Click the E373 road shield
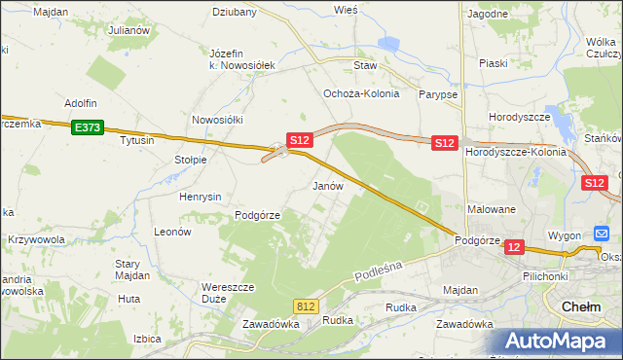tap(87, 126)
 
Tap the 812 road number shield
tap(306, 306)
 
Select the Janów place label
tap(328, 185)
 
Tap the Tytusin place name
tap(137, 140)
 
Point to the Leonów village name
tap(172, 233)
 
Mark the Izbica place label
tap(147, 339)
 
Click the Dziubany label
tap(235, 13)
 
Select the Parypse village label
tap(439, 94)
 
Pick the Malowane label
tap(492, 209)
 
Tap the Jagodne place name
tap(488, 14)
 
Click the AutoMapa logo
tap(556, 342)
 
